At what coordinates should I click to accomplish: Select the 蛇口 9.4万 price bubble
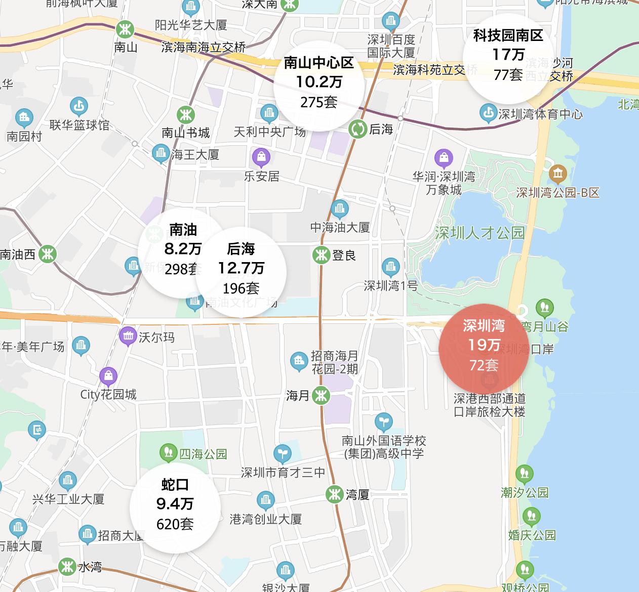point(175,504)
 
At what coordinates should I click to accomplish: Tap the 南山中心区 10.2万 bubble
point(318,83)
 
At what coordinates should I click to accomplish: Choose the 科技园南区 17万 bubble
point(508,55)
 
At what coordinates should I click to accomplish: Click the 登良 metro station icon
point(321,255)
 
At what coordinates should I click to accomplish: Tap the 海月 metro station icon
point(321,396)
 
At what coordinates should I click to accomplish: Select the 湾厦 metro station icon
point(334,494)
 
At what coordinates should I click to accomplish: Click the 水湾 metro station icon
point(67,567)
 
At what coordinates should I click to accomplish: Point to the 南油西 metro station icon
point(48,254)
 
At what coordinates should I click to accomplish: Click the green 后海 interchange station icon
point(357,129)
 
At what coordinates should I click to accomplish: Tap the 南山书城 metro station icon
point(185,114)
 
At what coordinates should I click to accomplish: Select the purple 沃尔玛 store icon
point(128,336)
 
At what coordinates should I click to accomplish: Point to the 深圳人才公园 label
point(480,233)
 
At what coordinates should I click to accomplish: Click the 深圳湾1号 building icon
point(390,266)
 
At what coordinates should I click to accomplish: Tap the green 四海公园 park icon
point(168,453)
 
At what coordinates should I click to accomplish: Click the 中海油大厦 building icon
point(339,208)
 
